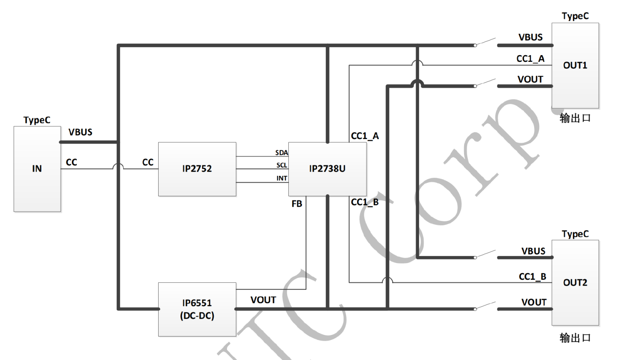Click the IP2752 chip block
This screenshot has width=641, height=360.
[197, 169]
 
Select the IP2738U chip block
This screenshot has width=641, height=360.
[327, 169]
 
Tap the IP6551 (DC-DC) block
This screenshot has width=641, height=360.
[197, 309]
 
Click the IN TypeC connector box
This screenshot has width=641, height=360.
[37, 169]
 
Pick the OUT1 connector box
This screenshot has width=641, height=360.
[575, 66]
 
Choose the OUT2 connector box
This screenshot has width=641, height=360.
[575, 283]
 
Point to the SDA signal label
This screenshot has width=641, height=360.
[282, 152]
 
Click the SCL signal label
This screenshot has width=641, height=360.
[282, 165]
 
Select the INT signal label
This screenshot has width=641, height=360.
[282, 178]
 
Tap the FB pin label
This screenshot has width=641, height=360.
[297, 204]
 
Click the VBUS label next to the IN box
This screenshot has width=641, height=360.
[81, 132]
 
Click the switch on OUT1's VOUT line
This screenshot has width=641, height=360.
[485, 84]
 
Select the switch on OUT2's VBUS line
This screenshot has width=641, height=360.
[485, 255]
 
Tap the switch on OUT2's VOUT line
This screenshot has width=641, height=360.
[485, 306]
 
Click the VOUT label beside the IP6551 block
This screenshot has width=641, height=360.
[263, 300]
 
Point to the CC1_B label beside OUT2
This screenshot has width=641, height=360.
[532, 276]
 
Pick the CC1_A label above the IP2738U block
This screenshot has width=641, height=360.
[365, 136]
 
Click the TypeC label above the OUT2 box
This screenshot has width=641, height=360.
[575, 234]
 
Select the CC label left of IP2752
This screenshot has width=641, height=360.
[148, 162]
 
